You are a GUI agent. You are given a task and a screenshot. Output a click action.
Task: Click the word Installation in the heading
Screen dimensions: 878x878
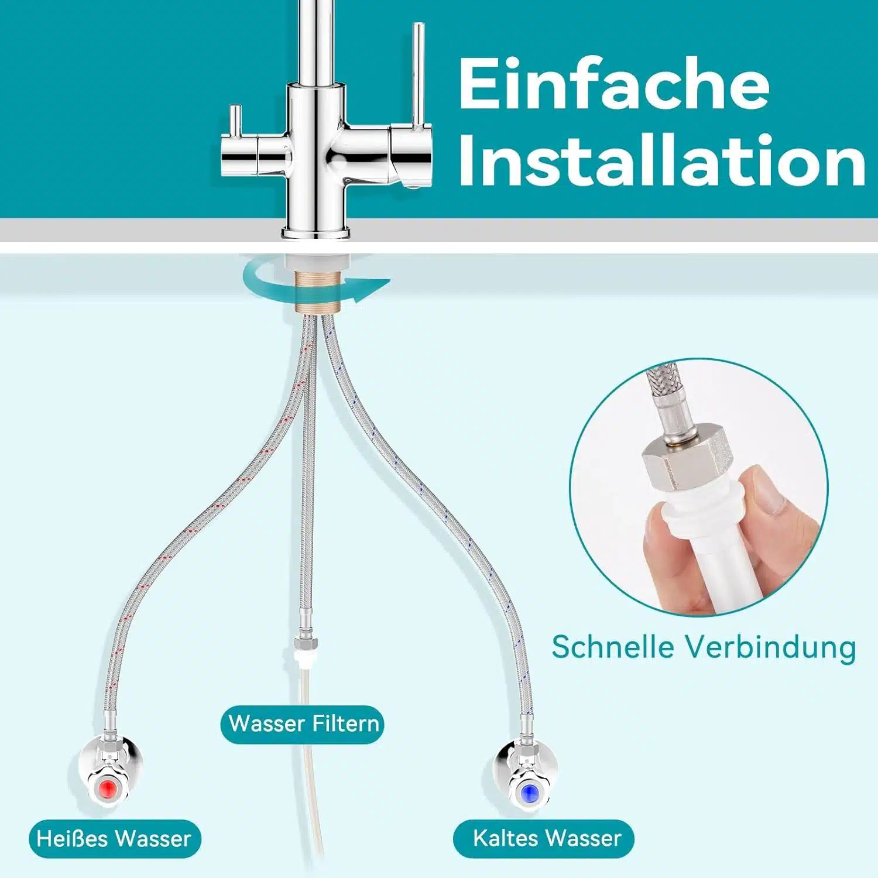click(x=662, y=159)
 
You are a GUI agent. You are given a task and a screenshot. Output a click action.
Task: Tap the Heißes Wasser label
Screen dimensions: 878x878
click(x=115, y=839)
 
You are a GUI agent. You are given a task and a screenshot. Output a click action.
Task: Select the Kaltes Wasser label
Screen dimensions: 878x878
click(x=544, y=838)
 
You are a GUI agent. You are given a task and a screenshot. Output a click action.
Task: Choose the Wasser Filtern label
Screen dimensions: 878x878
click(x=302, y=724)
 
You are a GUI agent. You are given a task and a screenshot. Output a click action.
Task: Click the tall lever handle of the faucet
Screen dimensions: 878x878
click(x=418, y=76)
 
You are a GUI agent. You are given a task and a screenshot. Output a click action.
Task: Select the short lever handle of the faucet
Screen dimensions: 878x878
click(x=235, y=120)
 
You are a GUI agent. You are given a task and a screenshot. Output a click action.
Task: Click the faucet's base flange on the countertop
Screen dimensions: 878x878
click(x=317, y=232)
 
